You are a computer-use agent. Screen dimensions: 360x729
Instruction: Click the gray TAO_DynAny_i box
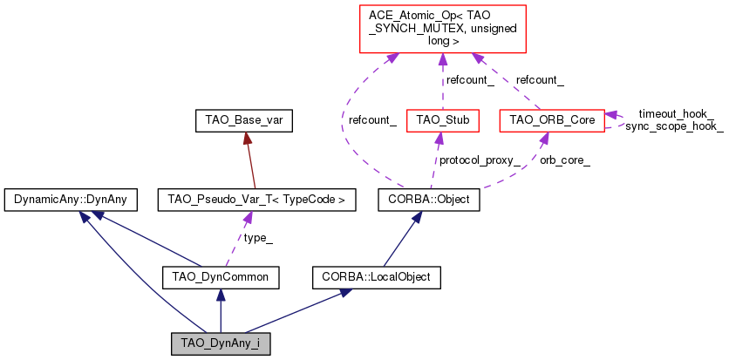point(221,343)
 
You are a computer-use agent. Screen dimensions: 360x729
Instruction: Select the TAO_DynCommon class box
point(221,278)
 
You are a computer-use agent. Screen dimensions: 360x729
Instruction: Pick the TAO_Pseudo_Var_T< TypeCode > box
point(251,200)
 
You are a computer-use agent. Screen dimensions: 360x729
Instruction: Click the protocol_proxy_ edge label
point(479,160)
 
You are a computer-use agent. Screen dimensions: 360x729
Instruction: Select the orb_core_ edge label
point(564,160)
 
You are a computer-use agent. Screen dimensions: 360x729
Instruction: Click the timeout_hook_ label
point(676,113)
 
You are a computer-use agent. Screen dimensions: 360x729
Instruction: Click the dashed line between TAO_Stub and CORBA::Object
point(439,160)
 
